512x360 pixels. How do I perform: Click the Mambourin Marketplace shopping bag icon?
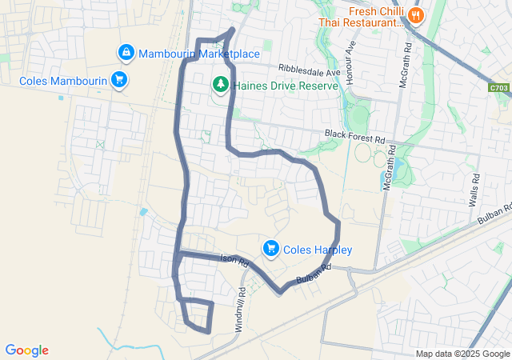click(x=126, y=54)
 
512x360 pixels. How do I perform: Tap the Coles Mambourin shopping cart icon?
click(x=118, y=79)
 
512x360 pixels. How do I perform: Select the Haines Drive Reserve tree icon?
click(x=220, y=83)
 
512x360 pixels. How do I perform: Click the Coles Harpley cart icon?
click(x=271, y=249)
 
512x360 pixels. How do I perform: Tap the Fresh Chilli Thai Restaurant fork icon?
click(x=415, y=14)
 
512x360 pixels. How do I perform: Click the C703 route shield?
click(x=498, y=86)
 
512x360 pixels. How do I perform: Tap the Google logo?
click(x=26, y=350)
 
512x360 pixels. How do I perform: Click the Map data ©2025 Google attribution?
click(x=462, y=354)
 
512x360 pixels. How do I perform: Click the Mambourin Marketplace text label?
click(x=199, y=54)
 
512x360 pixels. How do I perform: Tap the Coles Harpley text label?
click(x=318, y=250)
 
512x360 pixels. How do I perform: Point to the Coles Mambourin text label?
click(x=62, y=80)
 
